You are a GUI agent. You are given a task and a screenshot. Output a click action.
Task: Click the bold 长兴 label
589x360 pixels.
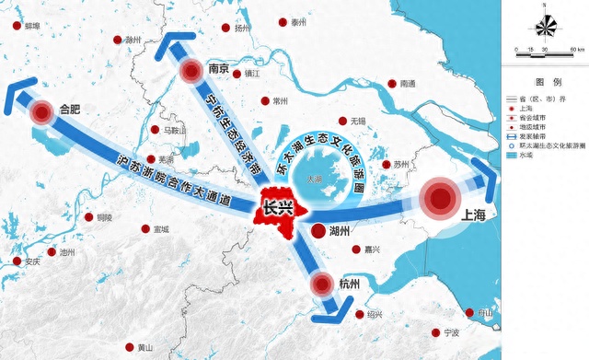(x=277, y=209)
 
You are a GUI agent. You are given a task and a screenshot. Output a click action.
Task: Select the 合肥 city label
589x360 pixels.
(x=70, y=110)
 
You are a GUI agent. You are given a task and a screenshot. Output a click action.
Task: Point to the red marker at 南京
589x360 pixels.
(x=191, y=72)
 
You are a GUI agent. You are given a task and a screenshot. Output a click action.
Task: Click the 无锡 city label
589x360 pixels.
(x=358, y=122)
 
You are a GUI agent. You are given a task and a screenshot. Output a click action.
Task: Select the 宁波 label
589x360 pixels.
(x=450, y=331)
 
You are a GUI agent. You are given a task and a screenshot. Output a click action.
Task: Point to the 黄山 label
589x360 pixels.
(x=145, y=348)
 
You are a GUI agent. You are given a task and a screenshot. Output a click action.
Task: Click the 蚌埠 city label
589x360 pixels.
(x=35, y=28)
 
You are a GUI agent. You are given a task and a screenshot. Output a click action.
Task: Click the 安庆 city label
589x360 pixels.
(x=32, y=262)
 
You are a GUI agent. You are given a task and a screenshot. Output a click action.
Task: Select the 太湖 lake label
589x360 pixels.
(x=316, y=180)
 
